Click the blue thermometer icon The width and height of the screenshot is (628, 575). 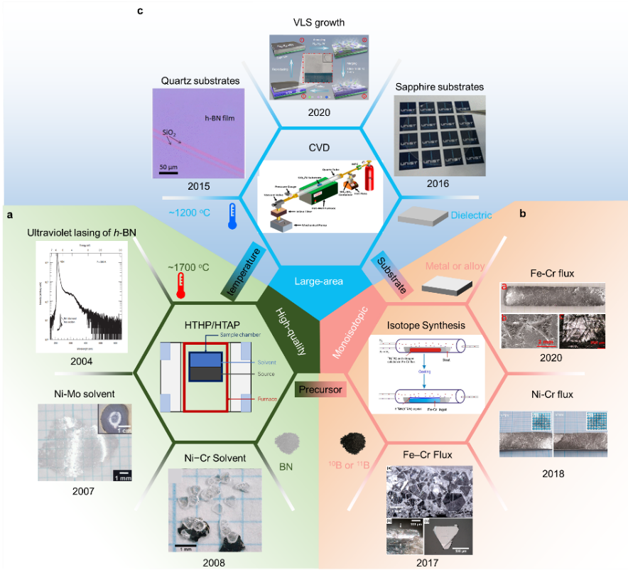tap(231, 216)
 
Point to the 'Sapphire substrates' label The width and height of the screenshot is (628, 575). tap(439, 87)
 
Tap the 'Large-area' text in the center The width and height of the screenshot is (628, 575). tap(319, 281)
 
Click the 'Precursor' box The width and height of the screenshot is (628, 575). tap(320, 389)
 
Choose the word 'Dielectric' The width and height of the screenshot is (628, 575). tap(472, 214)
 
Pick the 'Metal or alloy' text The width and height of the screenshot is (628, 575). tap(455, 267)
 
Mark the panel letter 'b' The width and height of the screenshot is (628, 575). tap(523, 213)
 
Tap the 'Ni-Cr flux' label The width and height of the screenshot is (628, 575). tap(552, 394)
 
